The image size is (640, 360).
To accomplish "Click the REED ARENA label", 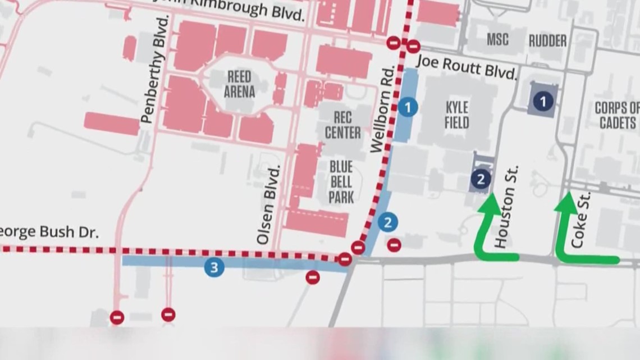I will [x=239, y=84].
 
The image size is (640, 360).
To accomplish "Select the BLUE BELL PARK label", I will [x=341, y=182].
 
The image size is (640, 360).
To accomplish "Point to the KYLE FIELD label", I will [x=456, y=115].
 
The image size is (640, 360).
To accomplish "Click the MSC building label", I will [x=498, y=40].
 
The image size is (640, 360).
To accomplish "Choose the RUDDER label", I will [x=547, y=40].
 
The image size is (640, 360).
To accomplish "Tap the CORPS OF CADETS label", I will [x=616, y=115].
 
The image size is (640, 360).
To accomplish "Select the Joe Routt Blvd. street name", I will [x=468, y=66].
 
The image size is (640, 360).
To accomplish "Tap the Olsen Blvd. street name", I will [x=268, y=205].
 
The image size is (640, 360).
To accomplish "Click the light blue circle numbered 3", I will [x=213, y=268].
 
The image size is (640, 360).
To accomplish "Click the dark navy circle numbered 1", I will [x=542, y=101].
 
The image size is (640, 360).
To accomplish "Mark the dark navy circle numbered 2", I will [x=480, y=179].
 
